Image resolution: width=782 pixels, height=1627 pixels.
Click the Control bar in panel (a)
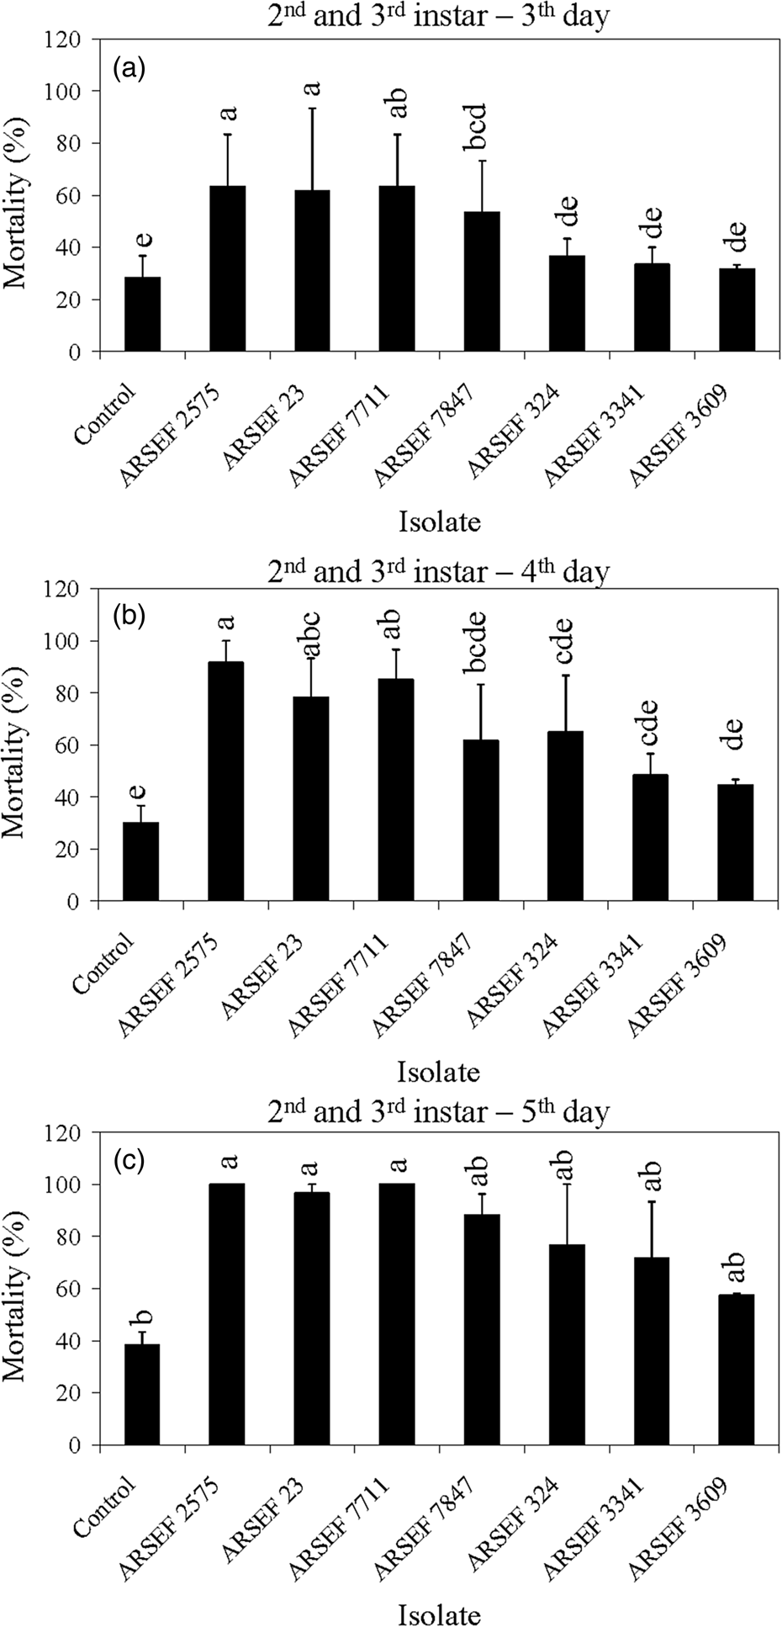(x=142, y=314)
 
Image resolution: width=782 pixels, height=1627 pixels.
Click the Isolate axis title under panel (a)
(x=440, y=522)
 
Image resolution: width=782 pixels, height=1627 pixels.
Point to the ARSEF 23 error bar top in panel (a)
(x=312, y=109)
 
